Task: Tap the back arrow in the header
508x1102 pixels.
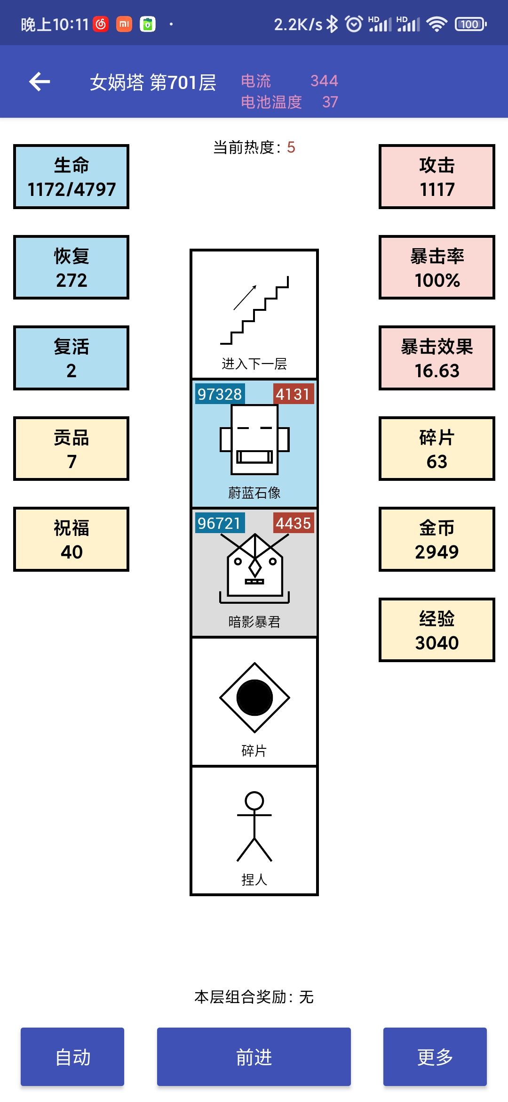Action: [x=40, y=81]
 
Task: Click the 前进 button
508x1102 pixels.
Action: [x=254, y=1057]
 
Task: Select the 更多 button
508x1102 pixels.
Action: [x=435, y=1057]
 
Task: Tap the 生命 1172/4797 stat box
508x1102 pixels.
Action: [x=71, y=177]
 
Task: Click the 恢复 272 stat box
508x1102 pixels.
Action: [x=71, y=267]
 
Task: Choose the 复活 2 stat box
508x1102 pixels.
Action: [x=71, y=358]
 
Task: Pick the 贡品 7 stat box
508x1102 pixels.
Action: [x=71, y=449]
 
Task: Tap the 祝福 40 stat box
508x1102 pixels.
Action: [x=71, y=539]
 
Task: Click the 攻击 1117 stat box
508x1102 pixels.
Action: [x=437, y=177]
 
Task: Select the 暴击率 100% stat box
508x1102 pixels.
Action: [x=437, y=267]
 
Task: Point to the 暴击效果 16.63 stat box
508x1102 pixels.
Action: [x=437, y=358]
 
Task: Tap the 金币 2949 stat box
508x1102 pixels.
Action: [x=437, y=539]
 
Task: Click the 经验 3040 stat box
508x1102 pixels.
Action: [x=437, y=630]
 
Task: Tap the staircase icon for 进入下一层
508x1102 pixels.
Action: [x=254, y=310]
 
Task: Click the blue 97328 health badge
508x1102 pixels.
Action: [x=220, y=394]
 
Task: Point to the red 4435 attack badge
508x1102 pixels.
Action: [x=294, y=523]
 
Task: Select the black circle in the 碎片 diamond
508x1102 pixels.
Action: [x=254, y=697]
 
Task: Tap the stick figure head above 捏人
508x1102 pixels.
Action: [x=254, y=801]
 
